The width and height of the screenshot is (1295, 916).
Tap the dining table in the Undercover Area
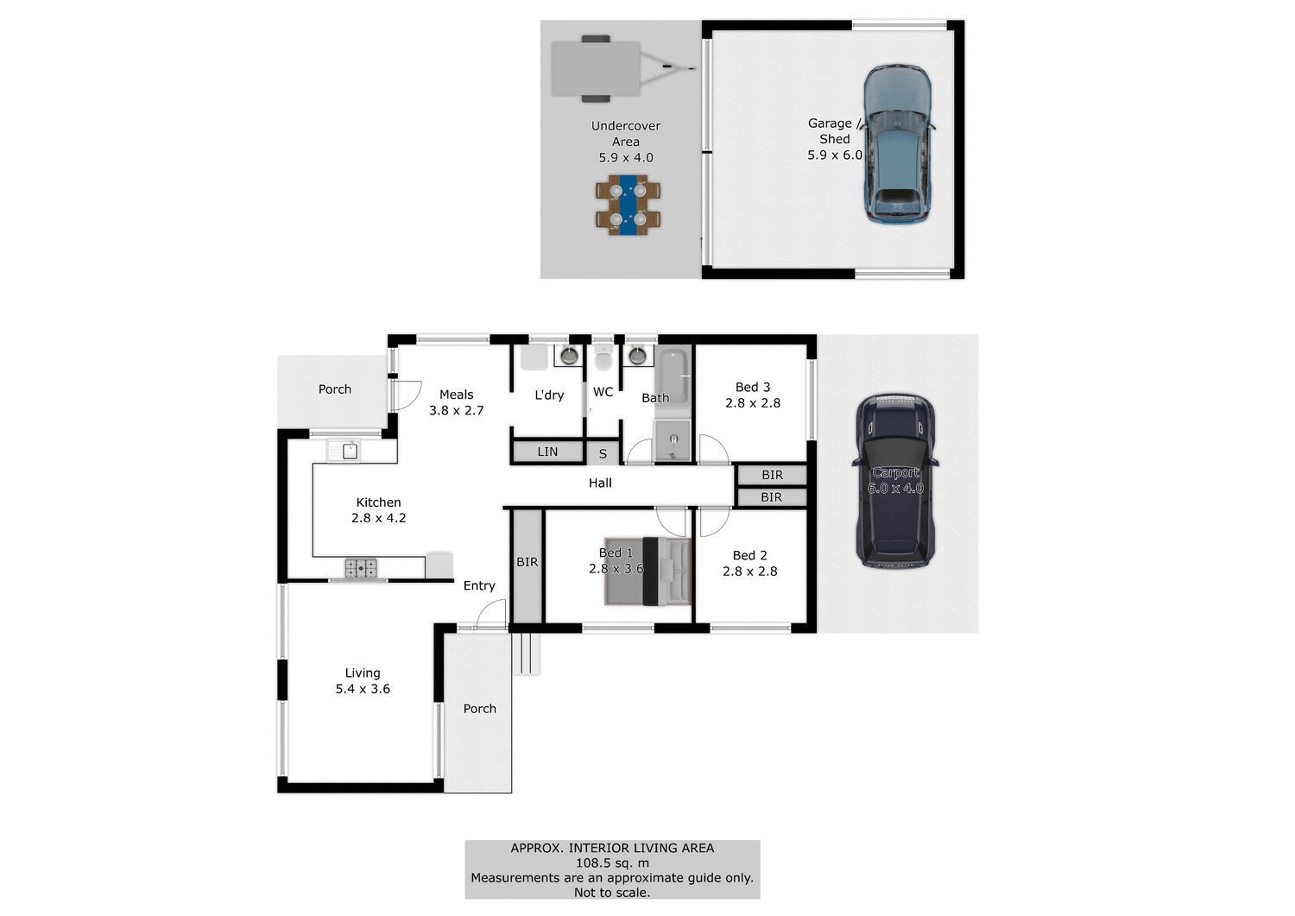(x=628, y=205)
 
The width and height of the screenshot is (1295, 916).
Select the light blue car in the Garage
(x=898, y=143)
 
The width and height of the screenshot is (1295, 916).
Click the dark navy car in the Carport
(x=895, y=481)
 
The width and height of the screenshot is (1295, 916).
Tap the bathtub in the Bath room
(x=673, y=376)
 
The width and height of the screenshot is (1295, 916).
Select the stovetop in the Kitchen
(x=361, y=567)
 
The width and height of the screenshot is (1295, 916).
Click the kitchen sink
(x=344, y=451)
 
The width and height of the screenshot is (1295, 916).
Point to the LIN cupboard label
(x=547, y=452)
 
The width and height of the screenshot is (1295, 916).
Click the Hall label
(x=600, y=483)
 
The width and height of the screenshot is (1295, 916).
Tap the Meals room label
(x=456, y=395)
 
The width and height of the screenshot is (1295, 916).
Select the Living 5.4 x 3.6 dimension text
(x=363, y=689)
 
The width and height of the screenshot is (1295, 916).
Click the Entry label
(x=479, y=585)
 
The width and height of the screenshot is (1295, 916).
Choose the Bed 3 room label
(x=753, y=387)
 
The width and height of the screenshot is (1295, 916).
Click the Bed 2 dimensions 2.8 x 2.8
(x=749, y=572)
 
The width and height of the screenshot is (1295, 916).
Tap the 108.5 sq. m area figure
(x=612, y=862)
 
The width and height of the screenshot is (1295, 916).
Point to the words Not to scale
(x=612, y=893)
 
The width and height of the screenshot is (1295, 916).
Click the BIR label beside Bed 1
(x=527, y=562)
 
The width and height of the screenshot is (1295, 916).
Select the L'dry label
(x=549, y=395)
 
